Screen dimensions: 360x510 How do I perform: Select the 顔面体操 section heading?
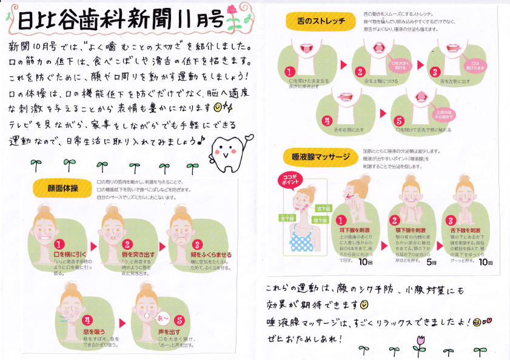tap(63, 187)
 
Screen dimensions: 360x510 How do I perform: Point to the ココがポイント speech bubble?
tap(287, 179)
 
